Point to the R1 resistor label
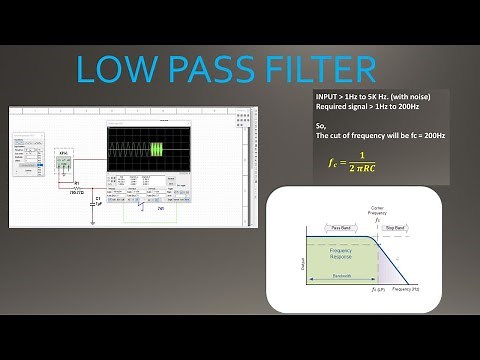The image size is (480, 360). (77, 183)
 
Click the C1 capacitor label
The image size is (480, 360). (97, 199)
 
